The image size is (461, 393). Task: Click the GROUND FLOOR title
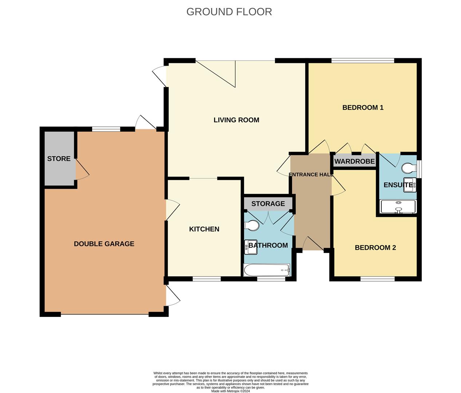(229, 12)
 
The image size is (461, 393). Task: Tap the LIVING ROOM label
(236, 120)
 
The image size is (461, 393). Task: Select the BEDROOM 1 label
(363, 107)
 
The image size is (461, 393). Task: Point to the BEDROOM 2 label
(375, 247)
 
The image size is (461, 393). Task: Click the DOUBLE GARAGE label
(104, 244)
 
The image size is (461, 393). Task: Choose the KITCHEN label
(204, 229)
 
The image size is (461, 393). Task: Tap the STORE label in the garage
(59, 159)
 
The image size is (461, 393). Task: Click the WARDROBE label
(354, 161)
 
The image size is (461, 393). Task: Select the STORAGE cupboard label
(268, 203)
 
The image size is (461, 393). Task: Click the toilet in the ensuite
(409, 168)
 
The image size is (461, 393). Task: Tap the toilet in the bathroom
(252, 226)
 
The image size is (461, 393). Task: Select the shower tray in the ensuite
(398, 207)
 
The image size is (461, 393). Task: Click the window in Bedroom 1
(363, 60)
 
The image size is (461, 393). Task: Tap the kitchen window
(206, 279)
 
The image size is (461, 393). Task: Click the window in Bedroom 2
(378, 279)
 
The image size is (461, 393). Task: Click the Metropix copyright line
(230, 391)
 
